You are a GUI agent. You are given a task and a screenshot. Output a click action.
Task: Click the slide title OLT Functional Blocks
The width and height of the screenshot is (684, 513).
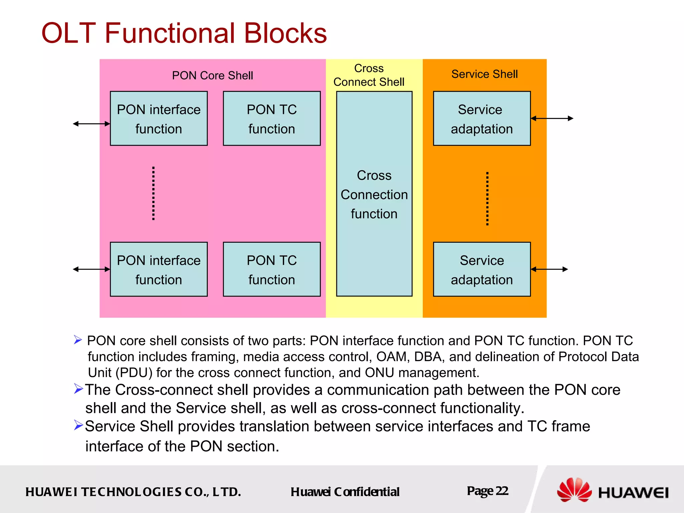pos(184,33)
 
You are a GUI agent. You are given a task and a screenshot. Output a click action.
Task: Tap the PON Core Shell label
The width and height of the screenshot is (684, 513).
pos(212,75)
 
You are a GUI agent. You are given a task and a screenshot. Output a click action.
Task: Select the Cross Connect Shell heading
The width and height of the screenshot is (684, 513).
pos(369,75)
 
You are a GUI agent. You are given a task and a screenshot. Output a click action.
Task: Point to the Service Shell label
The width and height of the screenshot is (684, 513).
pos(484,74)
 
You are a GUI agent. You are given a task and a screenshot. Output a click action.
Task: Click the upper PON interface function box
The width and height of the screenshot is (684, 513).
pos(159,119)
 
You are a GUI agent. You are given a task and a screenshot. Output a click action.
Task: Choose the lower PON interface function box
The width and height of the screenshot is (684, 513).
pos(159,269)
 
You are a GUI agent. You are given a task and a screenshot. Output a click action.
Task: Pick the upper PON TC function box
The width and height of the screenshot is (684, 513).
pos(272,119)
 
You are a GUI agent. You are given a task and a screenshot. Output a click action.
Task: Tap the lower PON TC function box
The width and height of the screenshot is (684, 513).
pos(272,269)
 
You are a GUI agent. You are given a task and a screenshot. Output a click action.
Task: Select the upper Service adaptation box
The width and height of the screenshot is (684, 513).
pos(482,119)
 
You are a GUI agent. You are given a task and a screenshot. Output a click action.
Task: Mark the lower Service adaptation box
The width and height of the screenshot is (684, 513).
pos(482,269)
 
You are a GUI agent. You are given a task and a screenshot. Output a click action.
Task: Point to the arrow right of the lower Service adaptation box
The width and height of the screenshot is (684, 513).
pos(549,269)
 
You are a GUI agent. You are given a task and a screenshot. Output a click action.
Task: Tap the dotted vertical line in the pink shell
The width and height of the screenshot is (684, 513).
pos(153,193)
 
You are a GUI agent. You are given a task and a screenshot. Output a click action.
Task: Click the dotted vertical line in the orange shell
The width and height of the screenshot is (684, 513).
pos(487,199)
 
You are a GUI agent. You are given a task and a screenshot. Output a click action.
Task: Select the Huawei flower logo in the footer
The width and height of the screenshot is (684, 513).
pos(574,490)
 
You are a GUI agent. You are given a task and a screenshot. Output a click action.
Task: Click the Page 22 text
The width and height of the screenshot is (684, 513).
pos(487,491)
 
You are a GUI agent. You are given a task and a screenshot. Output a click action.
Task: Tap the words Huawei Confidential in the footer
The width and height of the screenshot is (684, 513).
pos(345,492)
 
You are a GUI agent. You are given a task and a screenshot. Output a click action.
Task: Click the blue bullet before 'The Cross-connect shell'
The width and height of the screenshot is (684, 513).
pos(78,389)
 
